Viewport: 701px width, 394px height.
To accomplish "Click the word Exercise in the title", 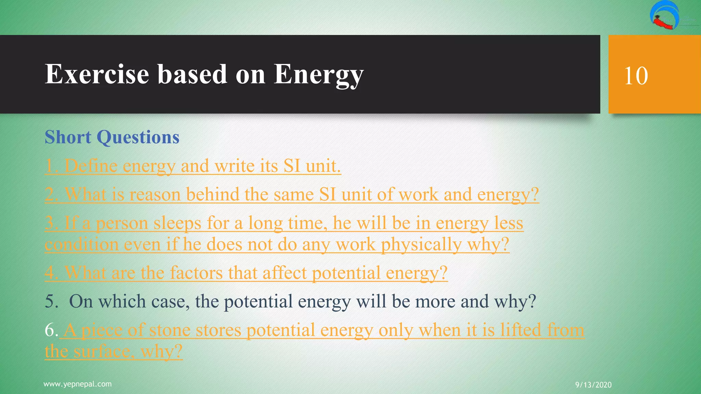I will pyautogui.click(x=97, y=74).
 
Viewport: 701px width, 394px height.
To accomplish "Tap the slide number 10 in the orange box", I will pyautogui.click(x=636, y=76).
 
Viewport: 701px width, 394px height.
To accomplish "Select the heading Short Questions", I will pyautogui.click(x=112, y=137).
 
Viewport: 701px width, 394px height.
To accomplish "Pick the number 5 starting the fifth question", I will pyautogui.click(x=51, y=302).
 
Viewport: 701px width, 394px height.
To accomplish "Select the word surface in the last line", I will pyautogui.click(x=106, y=352).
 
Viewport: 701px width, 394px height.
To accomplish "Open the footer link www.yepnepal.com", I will pyautogui.click(x=78, y=384).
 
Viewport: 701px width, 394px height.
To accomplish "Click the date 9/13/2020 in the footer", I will pyautogui.click(x=593, y=385).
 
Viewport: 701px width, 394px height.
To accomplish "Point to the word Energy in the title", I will pyautogui.click(x=318, y=74).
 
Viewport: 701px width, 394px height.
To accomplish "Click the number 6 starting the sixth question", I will pyautogui.click(x=51, y=330).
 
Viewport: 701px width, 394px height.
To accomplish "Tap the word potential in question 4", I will pyautogui.click(x=346, y=273).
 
